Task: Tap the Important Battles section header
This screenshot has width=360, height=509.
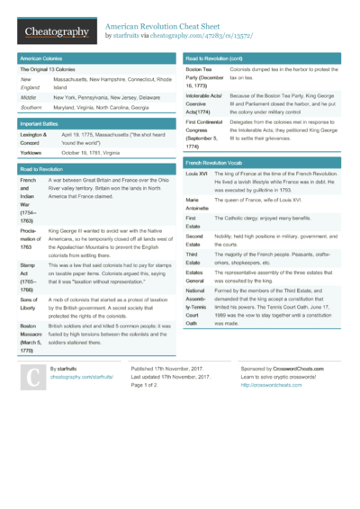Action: point(45,122)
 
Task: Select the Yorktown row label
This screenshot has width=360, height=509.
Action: point(33,153)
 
